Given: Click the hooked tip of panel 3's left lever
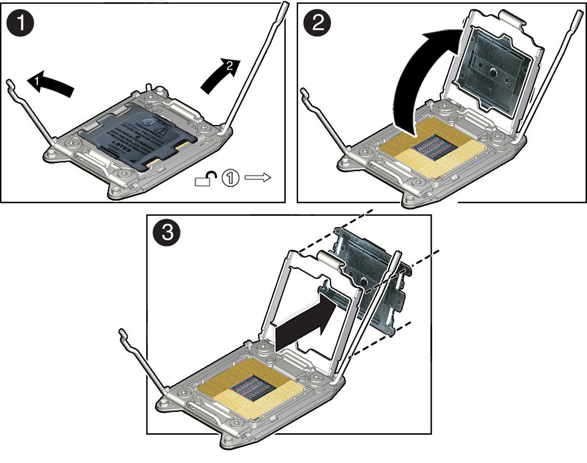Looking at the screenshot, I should coord(122,333).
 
